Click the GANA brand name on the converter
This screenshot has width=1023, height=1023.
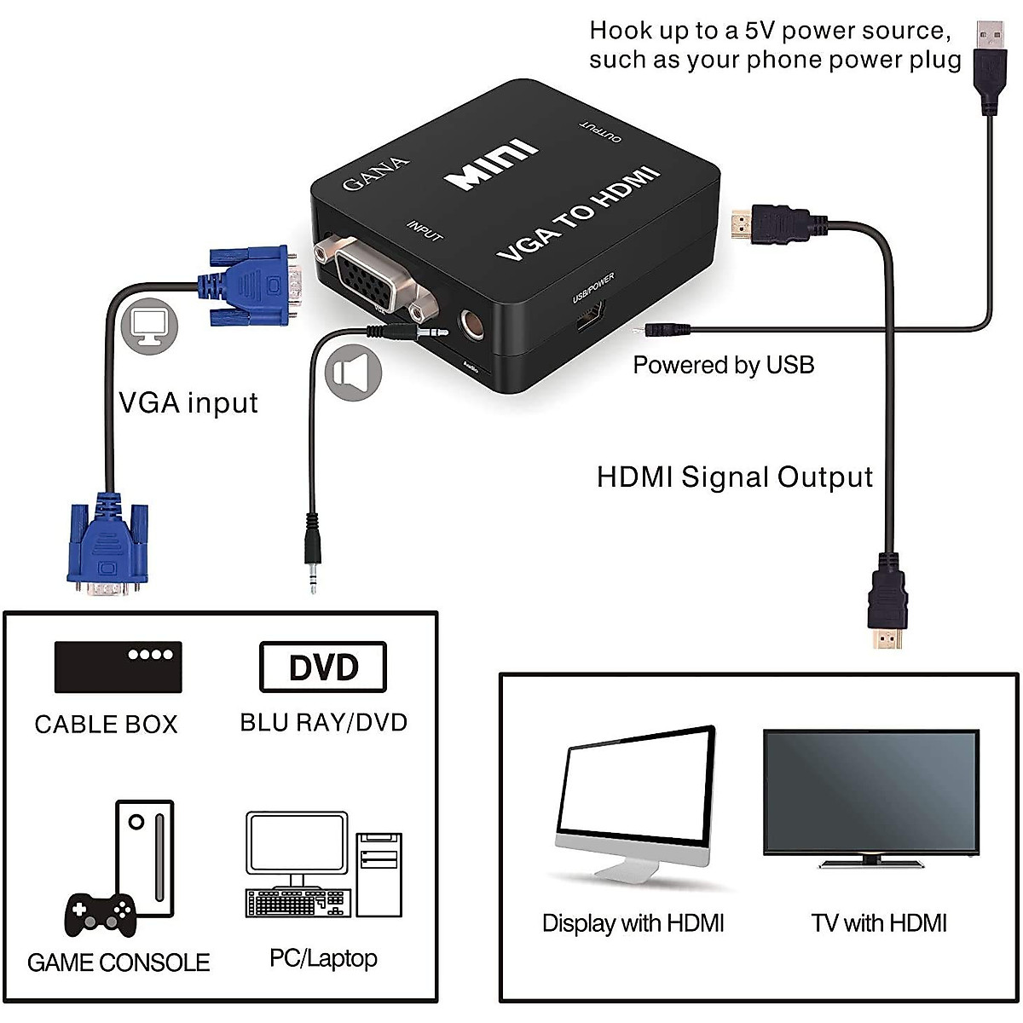(376, 173)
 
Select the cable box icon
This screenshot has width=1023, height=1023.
(118, 667)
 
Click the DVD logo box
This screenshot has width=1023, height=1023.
(323, 668)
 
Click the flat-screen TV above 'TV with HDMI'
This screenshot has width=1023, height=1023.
(870, 794)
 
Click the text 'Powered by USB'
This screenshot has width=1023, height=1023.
(723, 365)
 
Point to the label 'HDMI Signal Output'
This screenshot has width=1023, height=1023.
(735, 477)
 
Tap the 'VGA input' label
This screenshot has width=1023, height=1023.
(188, 402)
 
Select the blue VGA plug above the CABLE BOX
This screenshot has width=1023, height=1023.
(107, 546)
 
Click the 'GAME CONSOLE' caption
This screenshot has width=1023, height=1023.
(118, 962)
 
